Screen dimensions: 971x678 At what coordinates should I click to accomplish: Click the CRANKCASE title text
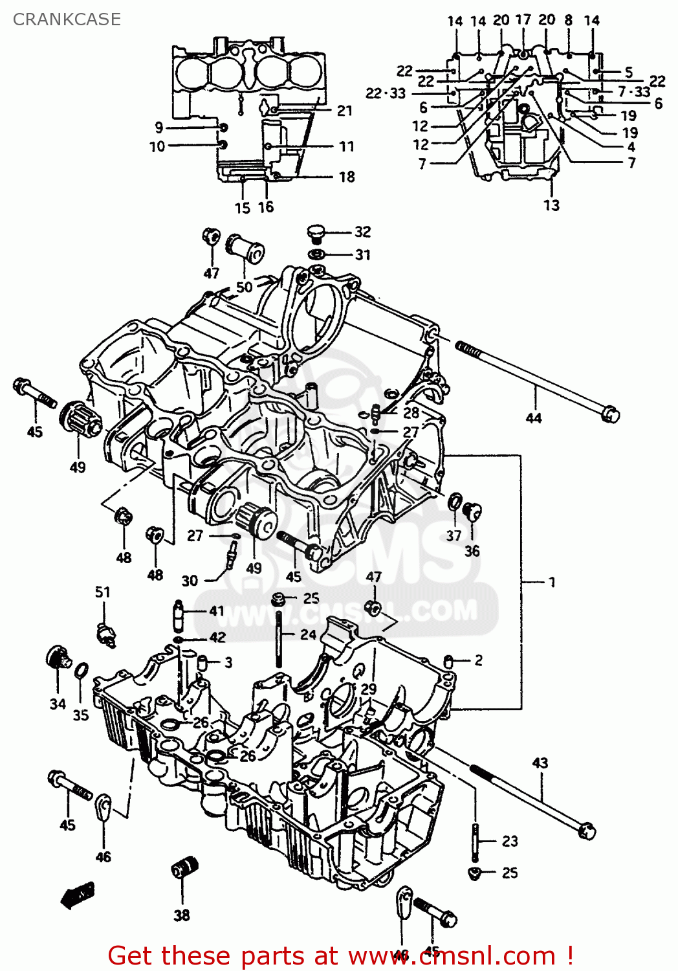point(67,19)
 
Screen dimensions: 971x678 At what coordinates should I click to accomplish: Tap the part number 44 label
point(533,418)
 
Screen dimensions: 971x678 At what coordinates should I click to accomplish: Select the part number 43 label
point(540,763)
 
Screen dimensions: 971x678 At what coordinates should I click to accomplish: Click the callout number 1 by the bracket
point(552,582)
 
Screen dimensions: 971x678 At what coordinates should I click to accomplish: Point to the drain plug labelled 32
point(315,233)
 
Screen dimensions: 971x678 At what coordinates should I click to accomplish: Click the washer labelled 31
point(316,254)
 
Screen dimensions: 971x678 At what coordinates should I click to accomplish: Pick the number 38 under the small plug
point(182,915)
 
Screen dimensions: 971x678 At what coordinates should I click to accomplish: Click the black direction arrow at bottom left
point(77,895)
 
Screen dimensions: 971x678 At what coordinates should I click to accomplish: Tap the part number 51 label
point(103,592)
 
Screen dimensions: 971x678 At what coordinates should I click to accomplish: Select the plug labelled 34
point(59,658)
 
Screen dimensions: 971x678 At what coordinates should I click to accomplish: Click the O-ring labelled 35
point(81,671)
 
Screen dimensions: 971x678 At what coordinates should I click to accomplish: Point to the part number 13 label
point(551,205)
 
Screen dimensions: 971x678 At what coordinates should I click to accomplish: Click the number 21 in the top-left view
point(345,111)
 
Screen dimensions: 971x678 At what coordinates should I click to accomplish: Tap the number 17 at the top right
point(523,20)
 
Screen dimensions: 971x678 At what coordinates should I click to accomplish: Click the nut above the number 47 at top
point(211,237)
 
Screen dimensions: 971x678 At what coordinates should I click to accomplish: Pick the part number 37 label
point(454,535)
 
